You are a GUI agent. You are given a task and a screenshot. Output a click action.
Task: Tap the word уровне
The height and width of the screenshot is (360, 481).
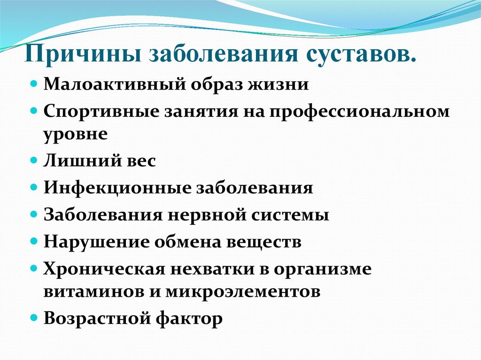coord(76,135)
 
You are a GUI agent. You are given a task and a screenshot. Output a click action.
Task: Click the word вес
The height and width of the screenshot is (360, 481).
coord(139,161)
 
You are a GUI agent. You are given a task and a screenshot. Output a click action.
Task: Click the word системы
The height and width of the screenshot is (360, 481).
coord(290,215)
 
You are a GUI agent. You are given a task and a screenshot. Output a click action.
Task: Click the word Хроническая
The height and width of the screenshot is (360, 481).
coord(103,269)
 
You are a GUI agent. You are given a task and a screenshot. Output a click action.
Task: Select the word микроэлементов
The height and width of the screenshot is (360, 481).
coord(243,291)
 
